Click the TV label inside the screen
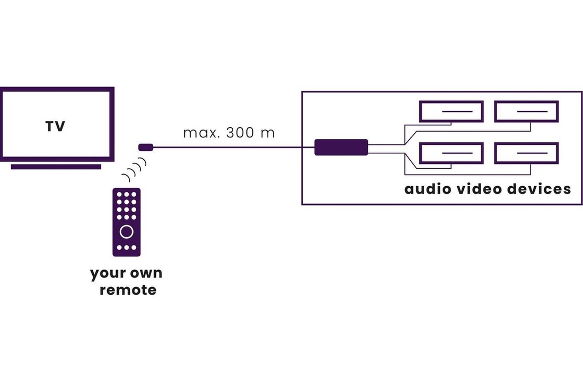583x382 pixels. [55, 126]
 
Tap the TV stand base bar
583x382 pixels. [56, 167]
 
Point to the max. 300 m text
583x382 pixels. [229, 133]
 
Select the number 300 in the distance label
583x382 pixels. [240, 133]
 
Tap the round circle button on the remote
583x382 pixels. [127, 231]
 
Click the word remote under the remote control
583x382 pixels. [128, 290]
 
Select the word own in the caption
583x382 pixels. [144, 274]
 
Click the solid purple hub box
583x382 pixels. [341, 147]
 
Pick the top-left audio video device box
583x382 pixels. [452, 111]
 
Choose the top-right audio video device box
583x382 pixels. [526, 111]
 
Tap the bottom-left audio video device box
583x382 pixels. [452, 153]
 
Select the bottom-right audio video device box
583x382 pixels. [526, 153]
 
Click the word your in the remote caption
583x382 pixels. [107, 274]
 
